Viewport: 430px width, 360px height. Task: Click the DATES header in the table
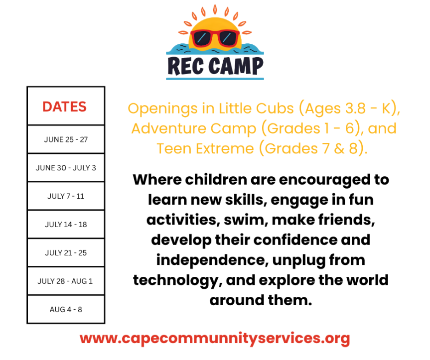pos(64,107)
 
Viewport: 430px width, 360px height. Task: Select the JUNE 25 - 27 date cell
pos(66,139)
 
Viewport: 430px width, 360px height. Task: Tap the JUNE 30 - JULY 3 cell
pos(66,168)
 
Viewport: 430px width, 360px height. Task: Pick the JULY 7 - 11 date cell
pos(66,196)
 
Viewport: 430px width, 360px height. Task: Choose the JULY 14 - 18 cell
pos(66,225)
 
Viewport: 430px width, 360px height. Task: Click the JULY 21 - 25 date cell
pos(66,253)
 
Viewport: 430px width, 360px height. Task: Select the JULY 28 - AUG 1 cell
pos(65,281)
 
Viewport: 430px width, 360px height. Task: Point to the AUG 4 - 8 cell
pos(66,310)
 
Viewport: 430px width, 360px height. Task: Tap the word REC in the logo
pos(185,65)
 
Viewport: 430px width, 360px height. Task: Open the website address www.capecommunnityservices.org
pos(215,339)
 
